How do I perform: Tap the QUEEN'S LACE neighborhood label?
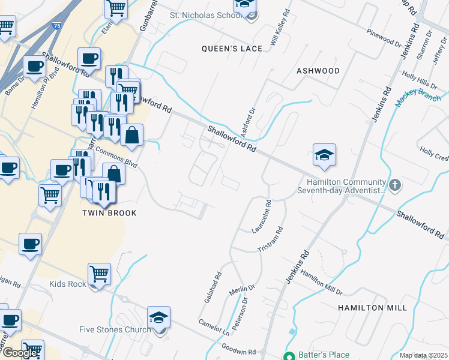pyautogui.click(x=232, y=48)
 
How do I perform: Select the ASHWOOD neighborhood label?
pyautogui.click(x=318, y=71)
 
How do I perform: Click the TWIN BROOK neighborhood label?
pyautogui.click(x=109, y=213)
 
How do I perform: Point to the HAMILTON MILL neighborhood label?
pyautogui.click(x=372, y=308)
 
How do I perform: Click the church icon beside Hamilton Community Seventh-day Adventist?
pyautogui.click(x=394, y=184)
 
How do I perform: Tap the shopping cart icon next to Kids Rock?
pyautogui.click(x=99, y=274)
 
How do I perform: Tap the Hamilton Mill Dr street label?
pyautogui.click(x=322, y=282)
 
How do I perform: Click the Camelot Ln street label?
pyautogui.click(x=214, y=327)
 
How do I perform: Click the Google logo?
pyautogui.click(x=20, y=353)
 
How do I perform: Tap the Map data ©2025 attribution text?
pyautogui.click(x=424, y=355)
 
